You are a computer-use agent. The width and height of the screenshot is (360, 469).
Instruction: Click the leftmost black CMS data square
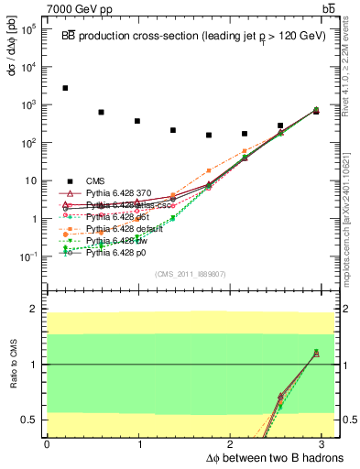pos(65,88)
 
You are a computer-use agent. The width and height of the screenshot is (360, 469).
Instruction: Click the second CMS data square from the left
pos(101,112)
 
